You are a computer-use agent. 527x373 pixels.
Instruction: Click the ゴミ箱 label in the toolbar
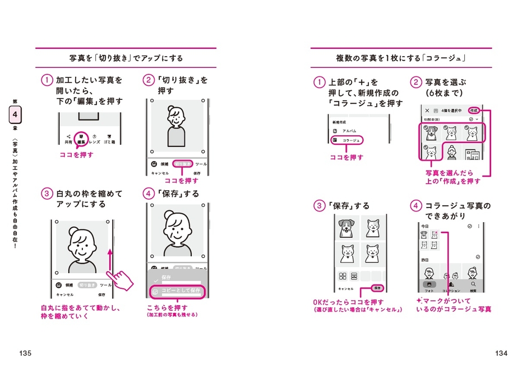[109, 142]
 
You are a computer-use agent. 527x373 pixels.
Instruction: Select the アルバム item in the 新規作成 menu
[349, 131]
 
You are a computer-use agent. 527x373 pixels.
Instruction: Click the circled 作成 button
[474, 110]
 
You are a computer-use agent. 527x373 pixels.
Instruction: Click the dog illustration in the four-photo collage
[345, 228]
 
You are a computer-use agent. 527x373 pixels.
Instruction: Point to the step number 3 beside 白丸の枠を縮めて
[47, 194]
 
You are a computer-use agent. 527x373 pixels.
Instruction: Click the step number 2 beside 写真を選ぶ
[415, 82]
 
